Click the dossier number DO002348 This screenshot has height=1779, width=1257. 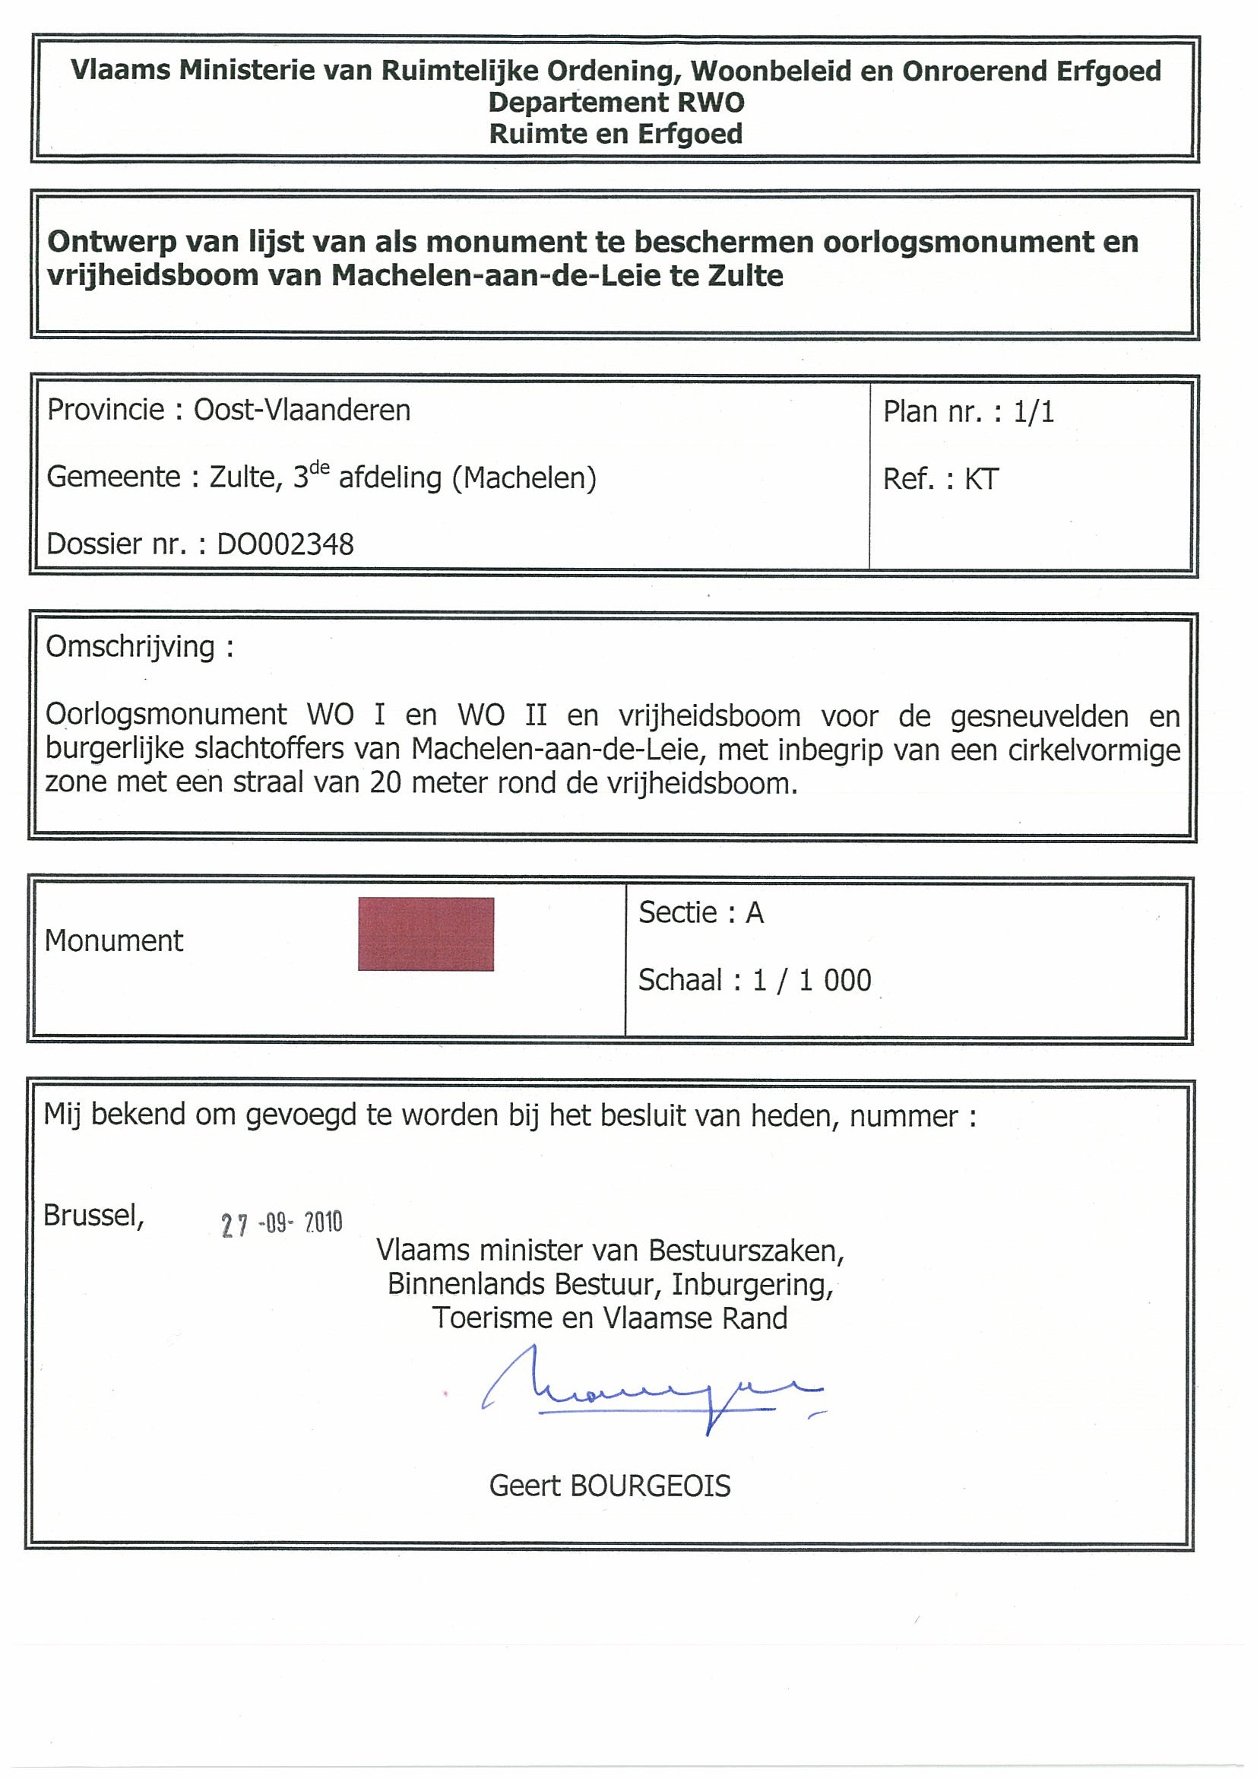click(285, 544)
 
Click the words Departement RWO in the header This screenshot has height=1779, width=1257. click(616, 103)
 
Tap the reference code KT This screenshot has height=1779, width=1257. click(981, 480)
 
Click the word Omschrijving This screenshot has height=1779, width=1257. click(130, 646)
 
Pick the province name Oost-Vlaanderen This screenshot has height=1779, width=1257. click(302, 410)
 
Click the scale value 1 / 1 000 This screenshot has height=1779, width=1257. click(812, 981)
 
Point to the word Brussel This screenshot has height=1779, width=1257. click(93, 1215)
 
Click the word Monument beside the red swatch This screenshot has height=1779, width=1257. click(114, 940)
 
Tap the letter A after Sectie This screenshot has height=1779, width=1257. click(755, 914)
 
